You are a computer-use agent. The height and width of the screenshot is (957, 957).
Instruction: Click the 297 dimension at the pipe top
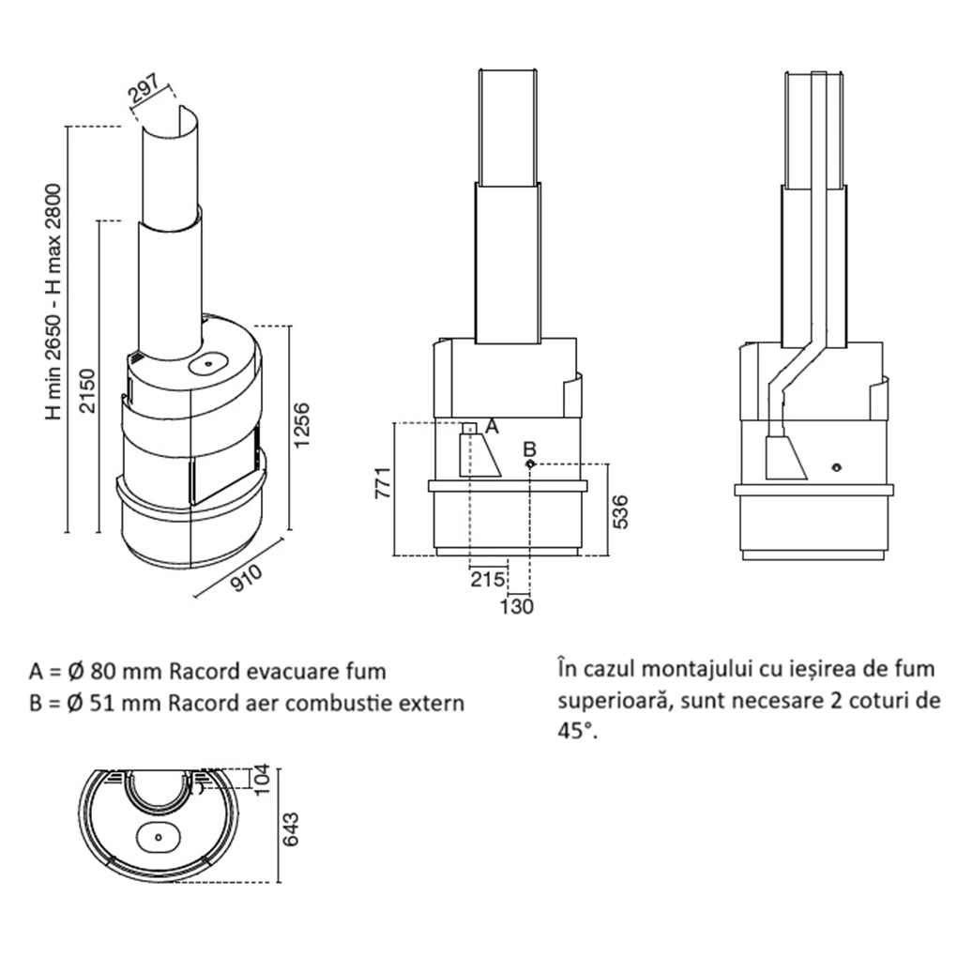145,96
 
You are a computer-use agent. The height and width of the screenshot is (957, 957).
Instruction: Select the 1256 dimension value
299,427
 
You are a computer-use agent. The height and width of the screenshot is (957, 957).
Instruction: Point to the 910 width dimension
247,579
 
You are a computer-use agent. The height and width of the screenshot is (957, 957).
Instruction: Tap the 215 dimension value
487,578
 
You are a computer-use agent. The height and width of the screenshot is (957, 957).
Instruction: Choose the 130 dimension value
517,606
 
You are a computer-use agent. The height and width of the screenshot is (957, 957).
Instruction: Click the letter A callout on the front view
493,426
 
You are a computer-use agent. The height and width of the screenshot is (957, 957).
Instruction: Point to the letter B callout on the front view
528,448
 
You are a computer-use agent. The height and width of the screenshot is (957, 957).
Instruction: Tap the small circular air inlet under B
530,464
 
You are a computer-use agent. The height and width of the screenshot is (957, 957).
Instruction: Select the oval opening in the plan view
158,832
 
